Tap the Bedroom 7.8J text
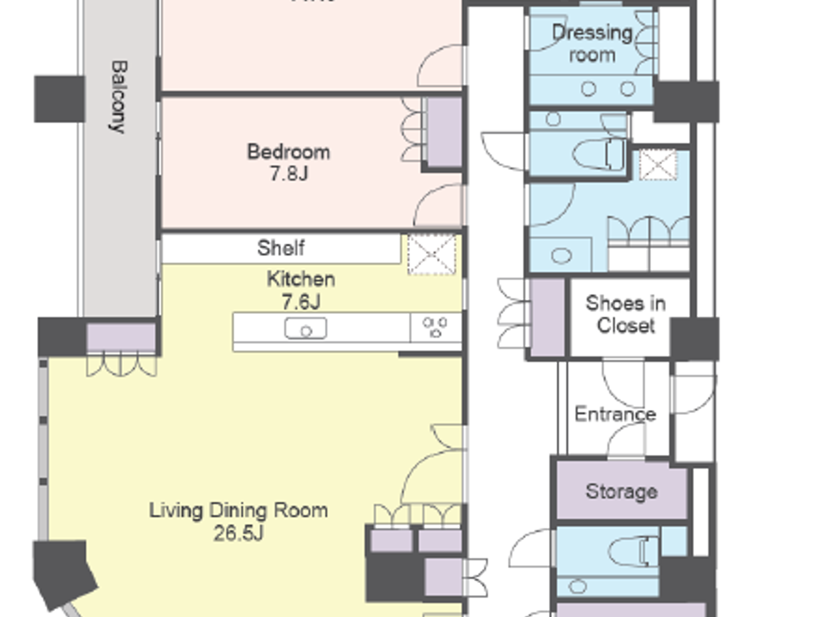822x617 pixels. tap(288, 162)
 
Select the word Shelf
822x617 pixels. tap(281, 248)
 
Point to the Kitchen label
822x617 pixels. tap(301, 279)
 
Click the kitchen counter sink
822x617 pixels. tap(305, 328)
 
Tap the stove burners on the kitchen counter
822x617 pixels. tap(435, 327)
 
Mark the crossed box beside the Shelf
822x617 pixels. tap(432, 254)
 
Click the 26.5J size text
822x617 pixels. tap(238, 533)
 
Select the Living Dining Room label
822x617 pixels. tap(238, 510)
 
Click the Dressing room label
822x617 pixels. tap(592, 43)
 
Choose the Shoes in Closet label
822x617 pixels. tap(626, 314)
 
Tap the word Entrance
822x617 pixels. tap(615, 414)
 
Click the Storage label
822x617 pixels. tap(621, 491)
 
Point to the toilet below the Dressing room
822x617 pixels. tap(599, 155)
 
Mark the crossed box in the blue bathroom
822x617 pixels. tap(658, 165)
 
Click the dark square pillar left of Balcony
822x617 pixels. tap(59, 99)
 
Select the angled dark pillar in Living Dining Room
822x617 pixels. tap(63, 573)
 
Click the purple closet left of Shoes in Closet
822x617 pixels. tap(547, 317)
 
